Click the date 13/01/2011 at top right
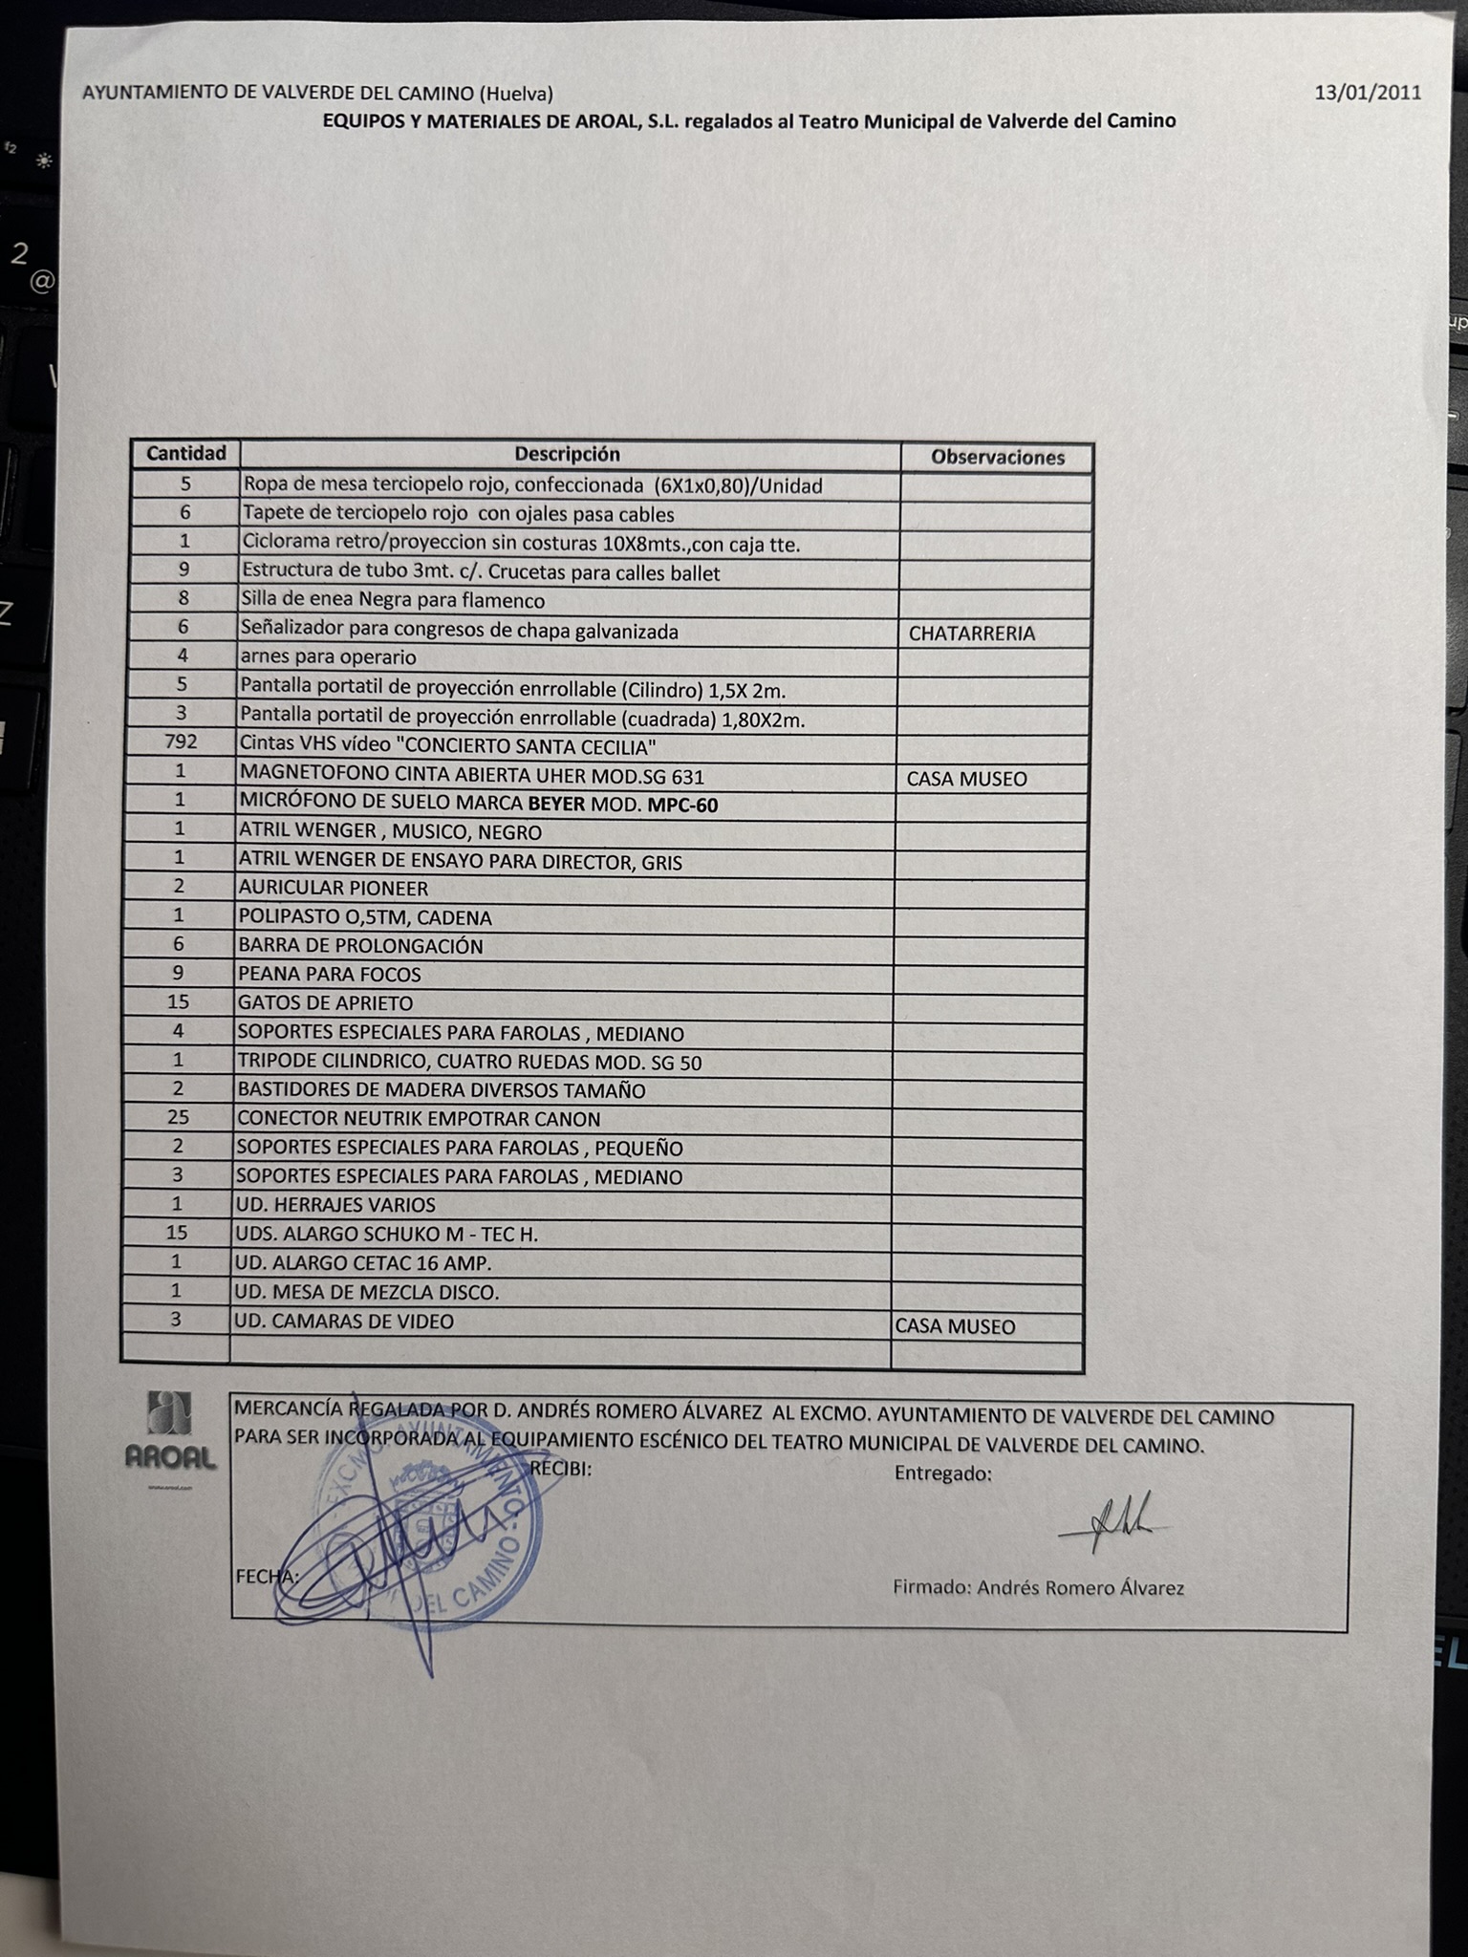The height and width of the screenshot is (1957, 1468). point(1367,93)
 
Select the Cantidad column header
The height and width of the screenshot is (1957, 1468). point(186,453)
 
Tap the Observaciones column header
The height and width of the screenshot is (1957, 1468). point(997,458)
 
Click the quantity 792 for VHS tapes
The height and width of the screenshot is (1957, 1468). point(181,742)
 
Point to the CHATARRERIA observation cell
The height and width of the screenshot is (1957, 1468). point(971,634)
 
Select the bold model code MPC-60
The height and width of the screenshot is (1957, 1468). point(682,805)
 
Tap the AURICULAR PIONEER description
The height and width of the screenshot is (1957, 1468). point(333,888)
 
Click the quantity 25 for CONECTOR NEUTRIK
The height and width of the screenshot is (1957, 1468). point(178,1116)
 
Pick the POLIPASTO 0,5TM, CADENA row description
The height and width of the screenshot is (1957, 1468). point(364,917)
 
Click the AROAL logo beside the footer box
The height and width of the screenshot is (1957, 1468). point(171,1432)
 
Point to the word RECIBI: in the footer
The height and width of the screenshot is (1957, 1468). point(560,1469)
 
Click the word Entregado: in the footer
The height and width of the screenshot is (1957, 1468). point(942,1473)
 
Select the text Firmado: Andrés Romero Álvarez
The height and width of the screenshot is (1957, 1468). point(1038,1588)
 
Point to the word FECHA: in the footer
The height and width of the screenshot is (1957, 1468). point(264,1576)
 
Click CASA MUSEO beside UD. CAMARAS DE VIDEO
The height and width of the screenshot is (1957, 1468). point(954,1326)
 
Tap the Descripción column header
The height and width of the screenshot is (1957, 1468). point(567,454)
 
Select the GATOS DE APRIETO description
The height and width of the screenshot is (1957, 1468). point(325,1003)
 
